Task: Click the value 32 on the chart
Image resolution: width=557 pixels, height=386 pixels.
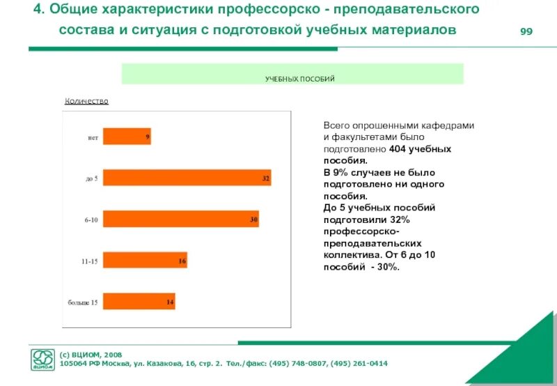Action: coord(266,178)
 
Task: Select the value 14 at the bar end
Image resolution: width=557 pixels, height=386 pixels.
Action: coord(170,302)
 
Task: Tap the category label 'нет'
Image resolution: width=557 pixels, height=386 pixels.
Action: coord(93,137)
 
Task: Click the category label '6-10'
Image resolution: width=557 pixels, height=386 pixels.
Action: coord(91,220)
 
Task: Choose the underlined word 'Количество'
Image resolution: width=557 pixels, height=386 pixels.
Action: coord(86,101)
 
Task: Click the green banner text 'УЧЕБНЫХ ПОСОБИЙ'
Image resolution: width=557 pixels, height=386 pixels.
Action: coord(299,79)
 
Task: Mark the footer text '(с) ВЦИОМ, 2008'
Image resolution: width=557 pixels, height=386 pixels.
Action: coord(91,355)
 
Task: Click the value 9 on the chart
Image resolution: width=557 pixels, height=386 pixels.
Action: coord(148,137)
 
